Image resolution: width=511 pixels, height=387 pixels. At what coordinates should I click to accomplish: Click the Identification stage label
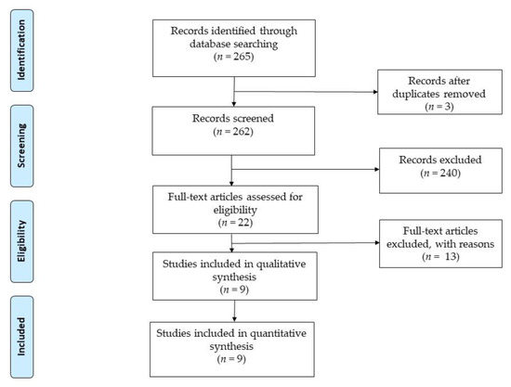click(21, 50)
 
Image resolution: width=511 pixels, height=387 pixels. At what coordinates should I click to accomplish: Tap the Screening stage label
click(21, 146)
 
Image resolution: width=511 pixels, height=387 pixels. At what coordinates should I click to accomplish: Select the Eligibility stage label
click(21, 241)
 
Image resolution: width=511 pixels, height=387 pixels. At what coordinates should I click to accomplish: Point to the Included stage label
click(21, 337)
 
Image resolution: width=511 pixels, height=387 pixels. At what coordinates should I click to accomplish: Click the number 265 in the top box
click(243, 57)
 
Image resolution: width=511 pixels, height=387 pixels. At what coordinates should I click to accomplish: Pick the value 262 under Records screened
click(242, 131)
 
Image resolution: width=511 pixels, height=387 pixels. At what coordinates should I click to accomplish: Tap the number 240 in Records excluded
click(450, 173)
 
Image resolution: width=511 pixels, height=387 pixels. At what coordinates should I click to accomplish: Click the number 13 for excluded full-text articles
click(452, 256)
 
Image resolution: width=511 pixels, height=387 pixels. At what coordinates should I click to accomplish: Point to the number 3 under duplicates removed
click(448, 107)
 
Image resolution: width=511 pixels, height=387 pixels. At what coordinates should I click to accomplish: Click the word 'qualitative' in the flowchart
click(281, 264)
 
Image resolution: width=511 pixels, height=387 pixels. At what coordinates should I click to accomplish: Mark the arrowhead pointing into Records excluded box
click(377, 169)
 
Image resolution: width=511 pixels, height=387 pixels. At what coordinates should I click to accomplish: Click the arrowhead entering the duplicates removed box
click(375, 92)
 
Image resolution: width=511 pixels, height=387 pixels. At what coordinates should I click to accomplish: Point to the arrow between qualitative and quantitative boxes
click(234, 311)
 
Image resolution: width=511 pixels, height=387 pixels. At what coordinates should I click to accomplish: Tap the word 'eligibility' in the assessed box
click(235, 210)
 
